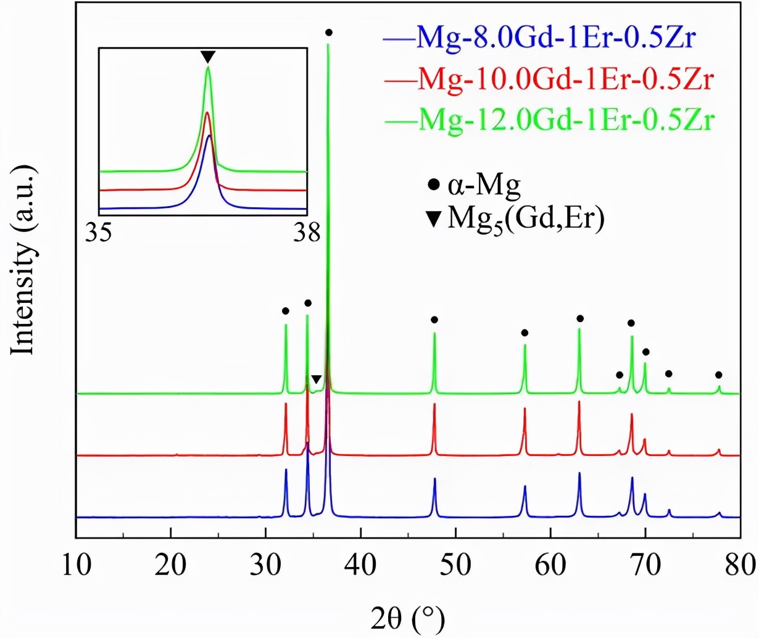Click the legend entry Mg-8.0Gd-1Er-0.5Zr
(x=555, y=38)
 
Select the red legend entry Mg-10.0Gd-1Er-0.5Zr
(x=565, y=78)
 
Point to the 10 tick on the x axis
(x=76, y=564)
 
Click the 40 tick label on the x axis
(x=360, y=564)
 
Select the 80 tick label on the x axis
(x=739, y=564)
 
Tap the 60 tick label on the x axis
(x=550, y=564)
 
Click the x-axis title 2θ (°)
(x=408, y=618)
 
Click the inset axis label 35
(x=99, y=233)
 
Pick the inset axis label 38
(x=307, y=233)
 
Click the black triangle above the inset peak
(x=208, y=57)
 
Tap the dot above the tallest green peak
(x=329, y=32)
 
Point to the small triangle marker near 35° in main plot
(x=316, y=379)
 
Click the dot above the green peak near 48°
(x=434, y=320)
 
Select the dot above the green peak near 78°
(x=718, y=375)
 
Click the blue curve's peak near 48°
(x=434, y=479)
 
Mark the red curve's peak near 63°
(x=579, y=402)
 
